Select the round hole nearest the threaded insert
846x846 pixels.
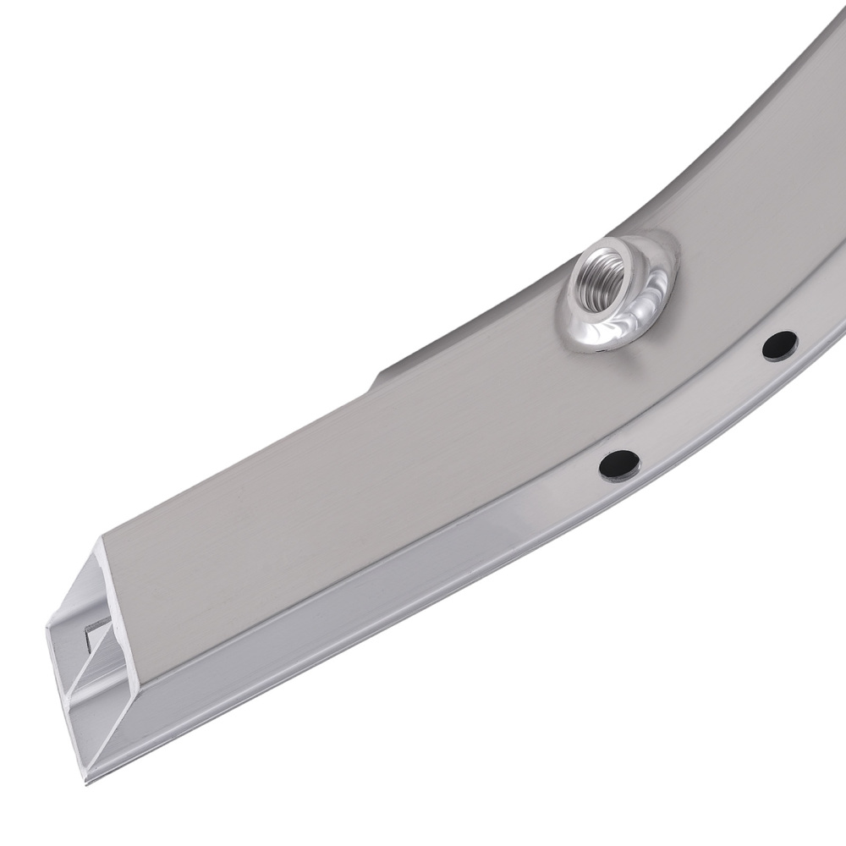coord(778,344)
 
